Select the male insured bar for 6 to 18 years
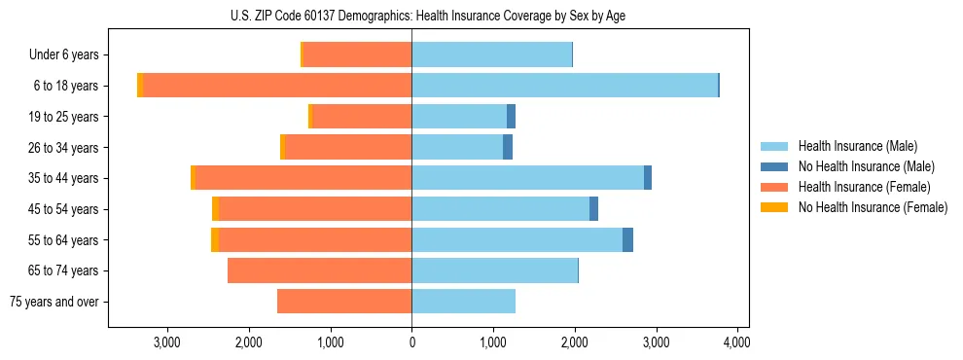click(x=564, y=86)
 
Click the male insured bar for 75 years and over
click(x=463, y=302)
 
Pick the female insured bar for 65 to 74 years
click(x=319, y=270)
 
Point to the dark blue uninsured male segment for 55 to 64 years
click(x=627, y=240)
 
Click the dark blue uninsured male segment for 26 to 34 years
click(x=507, y=147)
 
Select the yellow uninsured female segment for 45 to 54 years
click(x=216, y=209)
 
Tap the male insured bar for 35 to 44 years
click(x=527, y=178)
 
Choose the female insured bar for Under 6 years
click(x=357, y=54)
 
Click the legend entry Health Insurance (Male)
click(x=857, y=146)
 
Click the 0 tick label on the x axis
click(x=411, y=342)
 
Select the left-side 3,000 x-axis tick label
click(x=167, y=342)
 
